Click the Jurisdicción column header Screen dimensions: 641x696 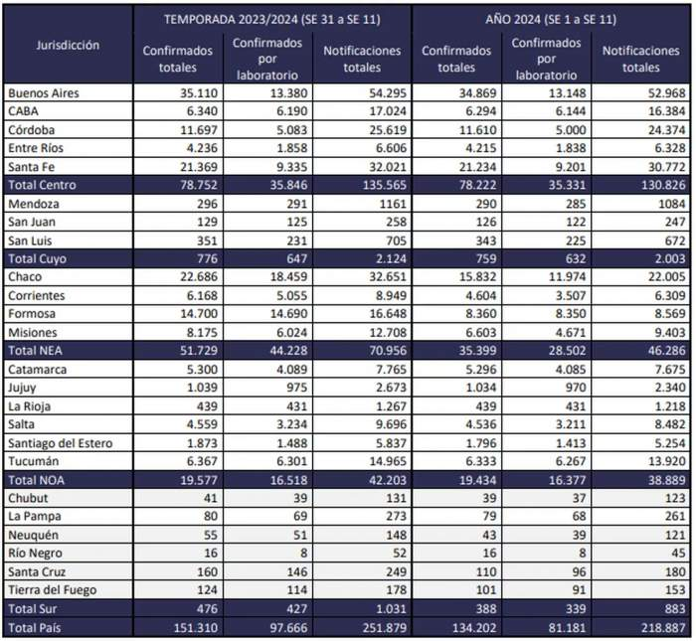click(67, 46)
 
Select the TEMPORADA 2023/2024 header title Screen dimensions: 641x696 click(270, 18)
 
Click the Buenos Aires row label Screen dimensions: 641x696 click(43, 93)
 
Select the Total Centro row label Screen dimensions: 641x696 click(43, 185)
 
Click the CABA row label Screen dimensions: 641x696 click(24, 111)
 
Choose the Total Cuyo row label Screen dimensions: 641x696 click(39, 258)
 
